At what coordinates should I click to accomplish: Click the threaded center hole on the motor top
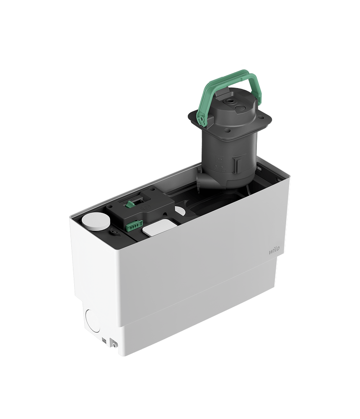(230, 101)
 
